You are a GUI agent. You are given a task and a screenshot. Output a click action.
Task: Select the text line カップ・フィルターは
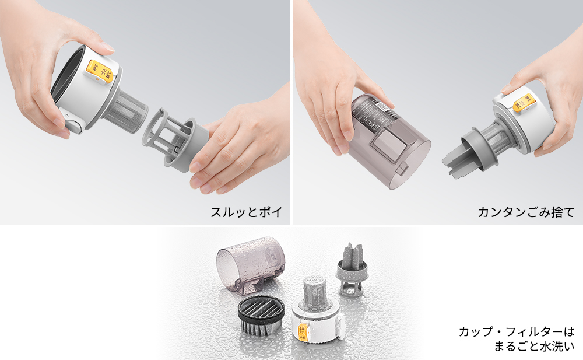pos(517,332)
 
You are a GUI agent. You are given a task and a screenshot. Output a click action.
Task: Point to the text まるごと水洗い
pos(533,347)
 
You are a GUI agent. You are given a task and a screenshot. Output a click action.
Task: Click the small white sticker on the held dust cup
pos(381,107)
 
